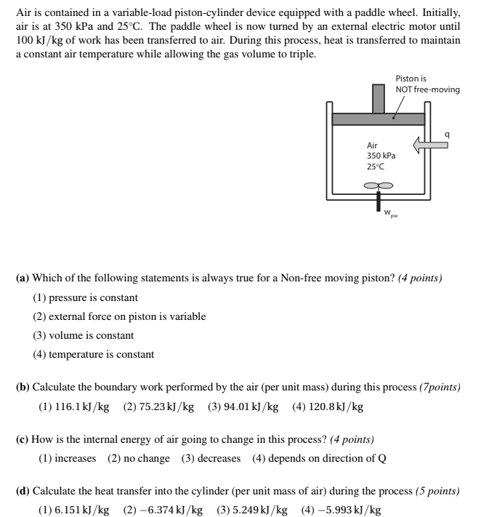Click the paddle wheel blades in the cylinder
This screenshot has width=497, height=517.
pos(377,185)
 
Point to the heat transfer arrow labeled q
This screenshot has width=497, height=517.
pos(430,145)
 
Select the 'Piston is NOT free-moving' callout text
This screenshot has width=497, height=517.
pos(427,84)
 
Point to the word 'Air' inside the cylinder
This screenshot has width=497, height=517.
pos(373,145)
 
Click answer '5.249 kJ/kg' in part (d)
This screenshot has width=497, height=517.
pos(251,510)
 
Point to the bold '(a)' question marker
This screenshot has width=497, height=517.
pos(23,278)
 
